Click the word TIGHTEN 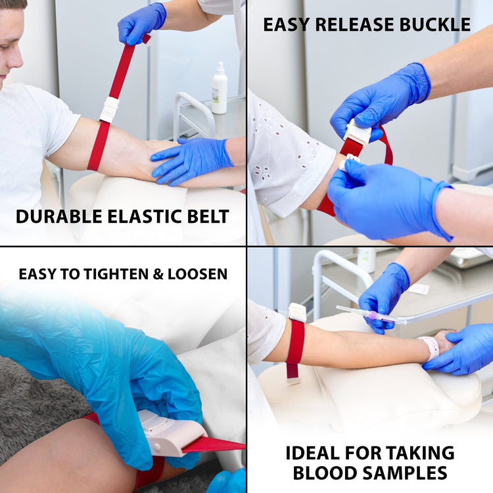point(116,273)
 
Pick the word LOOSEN point(195,273)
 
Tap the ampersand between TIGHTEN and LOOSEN point(157,273)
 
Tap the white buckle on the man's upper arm point(109,108)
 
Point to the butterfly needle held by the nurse point(371,314)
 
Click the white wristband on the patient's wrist point(431,347)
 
